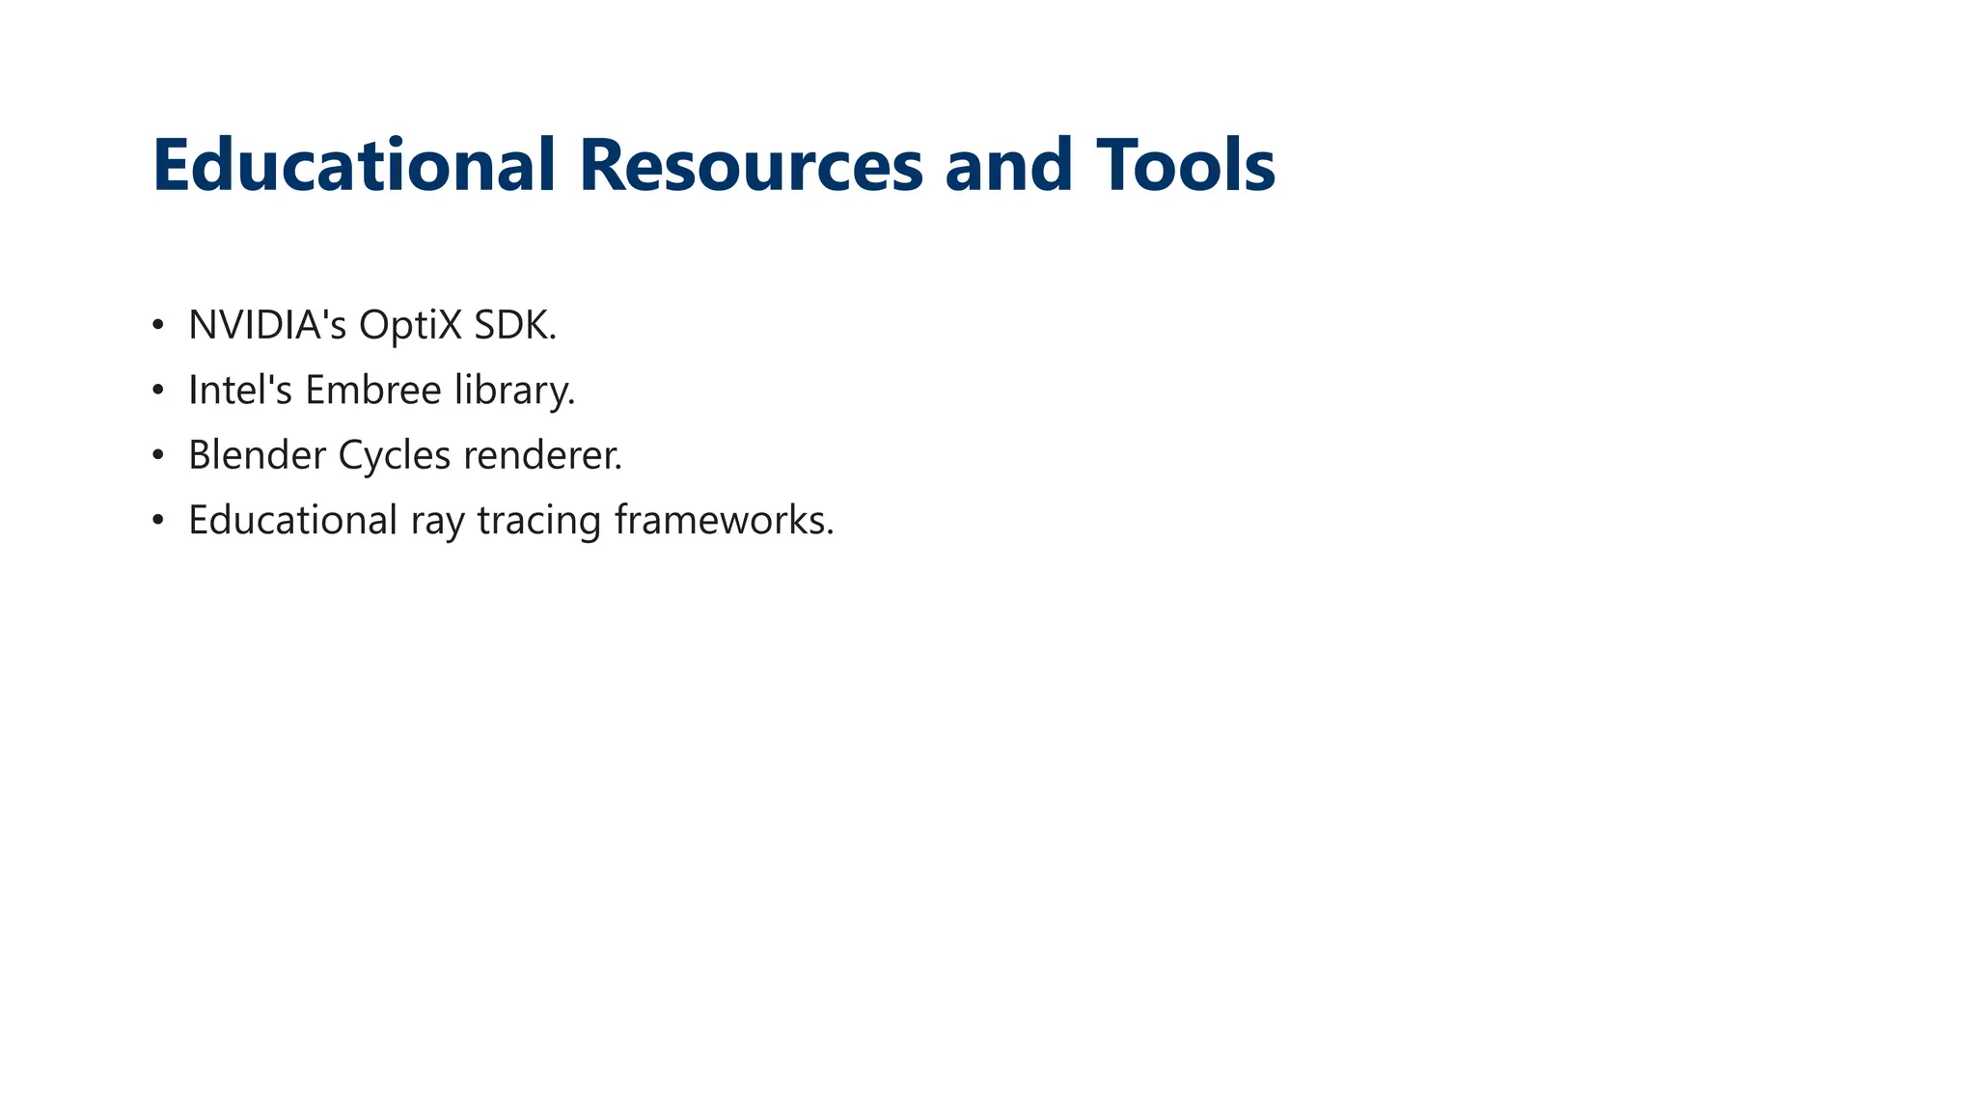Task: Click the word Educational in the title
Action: click(353, 165)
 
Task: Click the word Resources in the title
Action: click(751, 165)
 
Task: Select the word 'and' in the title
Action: click(1008, 165)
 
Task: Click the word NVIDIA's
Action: click(267, 325)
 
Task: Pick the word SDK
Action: click(514, 325)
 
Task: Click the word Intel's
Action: click(240, 390)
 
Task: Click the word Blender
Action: click(257, 455)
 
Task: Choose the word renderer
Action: click(542, 455)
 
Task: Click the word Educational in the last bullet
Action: click(292, 520)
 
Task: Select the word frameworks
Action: click(724, 520)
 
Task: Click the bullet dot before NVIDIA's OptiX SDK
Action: click(158, 325)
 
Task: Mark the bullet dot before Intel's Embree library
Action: click(158, 390)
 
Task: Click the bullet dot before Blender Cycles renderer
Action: click(158, 455)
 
